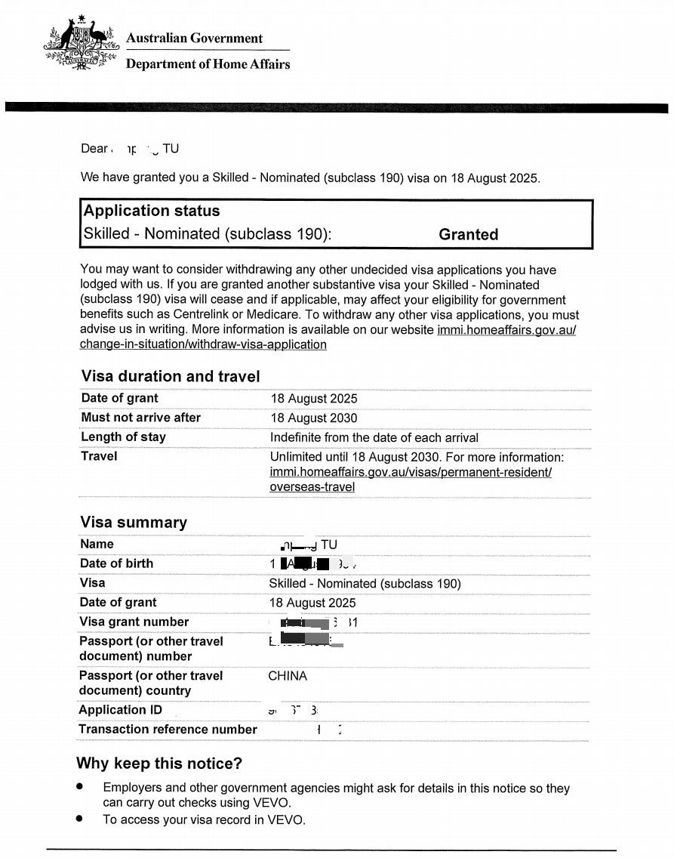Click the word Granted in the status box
tap(468, 235)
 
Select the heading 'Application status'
tap(152, 211)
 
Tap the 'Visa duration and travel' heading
tap(171, 376)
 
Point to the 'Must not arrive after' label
tap(141, 418)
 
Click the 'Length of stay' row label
tap(123, 437)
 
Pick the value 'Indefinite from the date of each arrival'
tap(374, 437)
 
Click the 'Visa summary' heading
tap(134, 523)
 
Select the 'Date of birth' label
tap(116, 563)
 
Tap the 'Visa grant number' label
tap(134, 622)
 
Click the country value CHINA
tap(288, 676)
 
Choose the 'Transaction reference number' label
tap(168, 730)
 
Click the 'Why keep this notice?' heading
tap(159, 764)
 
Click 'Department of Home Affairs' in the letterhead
tap(208, 64)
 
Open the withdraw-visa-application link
tap(203, 345)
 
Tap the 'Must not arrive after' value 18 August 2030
tap(314, 418)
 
